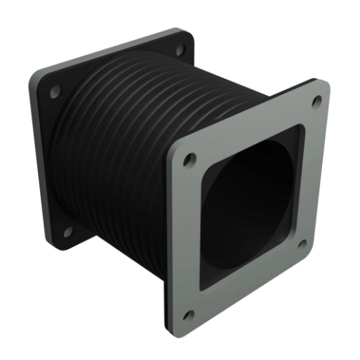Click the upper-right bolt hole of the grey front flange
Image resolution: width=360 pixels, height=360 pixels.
[x=316, y=102]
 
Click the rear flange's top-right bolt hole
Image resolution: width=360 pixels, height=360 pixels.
[x=179, y=52]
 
